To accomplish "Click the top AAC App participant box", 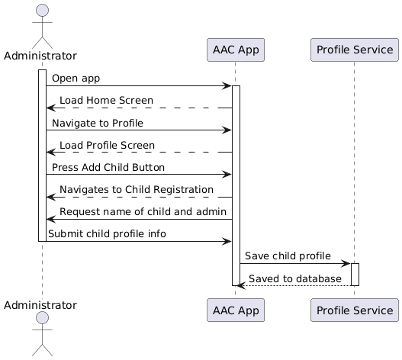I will pyautogui.click(x=235, y=50).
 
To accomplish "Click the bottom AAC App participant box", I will pyautogui.click(x=235, y=310).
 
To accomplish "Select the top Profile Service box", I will pyautogui.click(x=354, y=50).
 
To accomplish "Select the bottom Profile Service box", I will pyautogui.click(x=354, y=310).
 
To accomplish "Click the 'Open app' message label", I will pyautogui.click(x=76, y=79).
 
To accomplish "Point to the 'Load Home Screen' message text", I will pyautogui.click(x=106, y=101).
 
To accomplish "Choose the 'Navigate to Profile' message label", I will pyautogui.click(x=97, y=123).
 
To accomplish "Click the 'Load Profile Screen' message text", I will pyautogui.click(x=107, y=145).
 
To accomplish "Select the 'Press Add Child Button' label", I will pyautogui.click(x=108, y=167).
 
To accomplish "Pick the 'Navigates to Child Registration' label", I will pyautogui.click(x=137, y=189).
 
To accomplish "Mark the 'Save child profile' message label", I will pyautogui.click(x=288, y=256).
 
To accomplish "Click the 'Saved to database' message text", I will pyautogui.click(x=295, y=278).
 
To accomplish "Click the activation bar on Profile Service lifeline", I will pyautogui.click(x=354, y=274).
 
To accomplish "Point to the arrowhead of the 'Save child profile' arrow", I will pyautogui.click(x=346, y=263).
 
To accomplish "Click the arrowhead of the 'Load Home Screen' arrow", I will pyautogui.click(x=50, y=108).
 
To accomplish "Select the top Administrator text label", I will pyautogui.click(x=42, y=56).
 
